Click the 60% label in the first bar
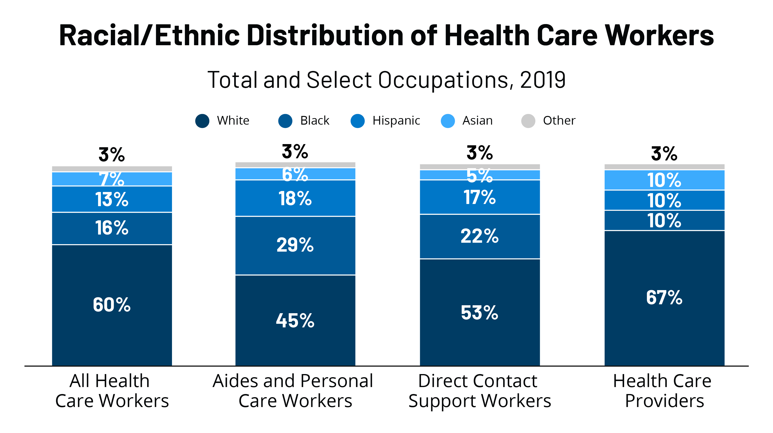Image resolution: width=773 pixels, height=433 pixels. (x=112, y=305)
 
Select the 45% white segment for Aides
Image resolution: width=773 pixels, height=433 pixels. (x=295, y=321)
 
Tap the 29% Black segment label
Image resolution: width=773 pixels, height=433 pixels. (x=295, y=245)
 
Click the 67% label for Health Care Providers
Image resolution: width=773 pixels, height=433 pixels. (x=664, y=298)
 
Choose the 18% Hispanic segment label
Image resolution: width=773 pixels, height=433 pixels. (x=295, y=198)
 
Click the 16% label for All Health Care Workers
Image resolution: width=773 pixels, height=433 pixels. (x=112, y=228)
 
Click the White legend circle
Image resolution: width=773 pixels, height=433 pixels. (x=202, y=121)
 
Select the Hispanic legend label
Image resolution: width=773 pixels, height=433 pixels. (x=396, y=121)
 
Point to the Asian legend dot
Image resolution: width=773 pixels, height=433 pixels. (x=448, y=121)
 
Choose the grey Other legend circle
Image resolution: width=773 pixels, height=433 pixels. (x=528, y=121)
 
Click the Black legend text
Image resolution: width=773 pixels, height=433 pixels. (x=315, y=121)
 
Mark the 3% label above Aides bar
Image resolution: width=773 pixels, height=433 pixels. (x=295, y=152)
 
